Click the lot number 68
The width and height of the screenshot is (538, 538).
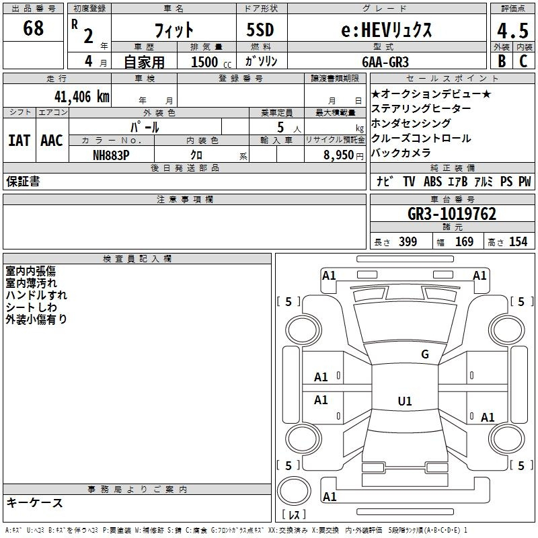[33, 29]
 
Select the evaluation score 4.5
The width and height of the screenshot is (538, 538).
[511, 31]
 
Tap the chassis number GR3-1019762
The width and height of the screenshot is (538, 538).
[452, 215]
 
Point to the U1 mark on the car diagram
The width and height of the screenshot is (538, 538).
[404, 401]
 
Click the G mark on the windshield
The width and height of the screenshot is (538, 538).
[424, 354]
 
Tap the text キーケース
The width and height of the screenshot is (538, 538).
[35, 502]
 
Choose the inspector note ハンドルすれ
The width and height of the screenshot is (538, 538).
[36, 295]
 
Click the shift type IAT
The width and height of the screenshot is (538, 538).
[19, 141]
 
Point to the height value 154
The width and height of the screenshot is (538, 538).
[518, 242]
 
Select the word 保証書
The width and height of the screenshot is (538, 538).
[23, 182]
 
